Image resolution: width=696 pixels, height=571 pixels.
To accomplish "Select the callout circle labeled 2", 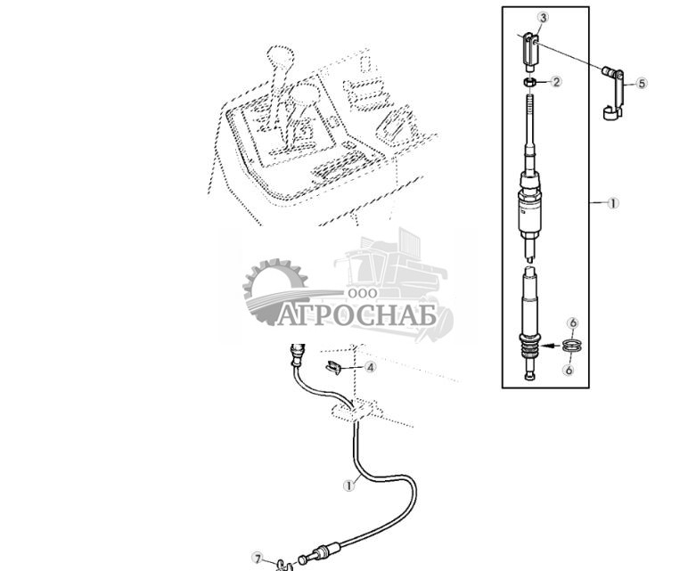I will point(557,83).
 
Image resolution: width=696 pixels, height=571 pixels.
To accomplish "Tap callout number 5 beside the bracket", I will point(641,83).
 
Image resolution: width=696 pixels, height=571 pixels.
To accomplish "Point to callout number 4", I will point(370,366).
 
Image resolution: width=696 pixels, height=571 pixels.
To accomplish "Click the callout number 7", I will point(258,559).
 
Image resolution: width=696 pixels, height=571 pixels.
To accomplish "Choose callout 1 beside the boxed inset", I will point(612,203).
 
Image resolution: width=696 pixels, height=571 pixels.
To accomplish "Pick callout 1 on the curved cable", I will point(350,485).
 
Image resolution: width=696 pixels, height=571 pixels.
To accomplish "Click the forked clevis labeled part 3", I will point(530,50).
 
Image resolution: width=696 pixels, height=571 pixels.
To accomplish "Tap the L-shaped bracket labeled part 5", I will point(614,94).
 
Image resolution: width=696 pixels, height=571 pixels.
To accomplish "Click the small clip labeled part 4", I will point(334,366).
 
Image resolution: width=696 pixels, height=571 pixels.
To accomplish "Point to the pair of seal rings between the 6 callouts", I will point(573,346).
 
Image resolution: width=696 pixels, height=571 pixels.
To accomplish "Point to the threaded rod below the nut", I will point(531,125).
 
